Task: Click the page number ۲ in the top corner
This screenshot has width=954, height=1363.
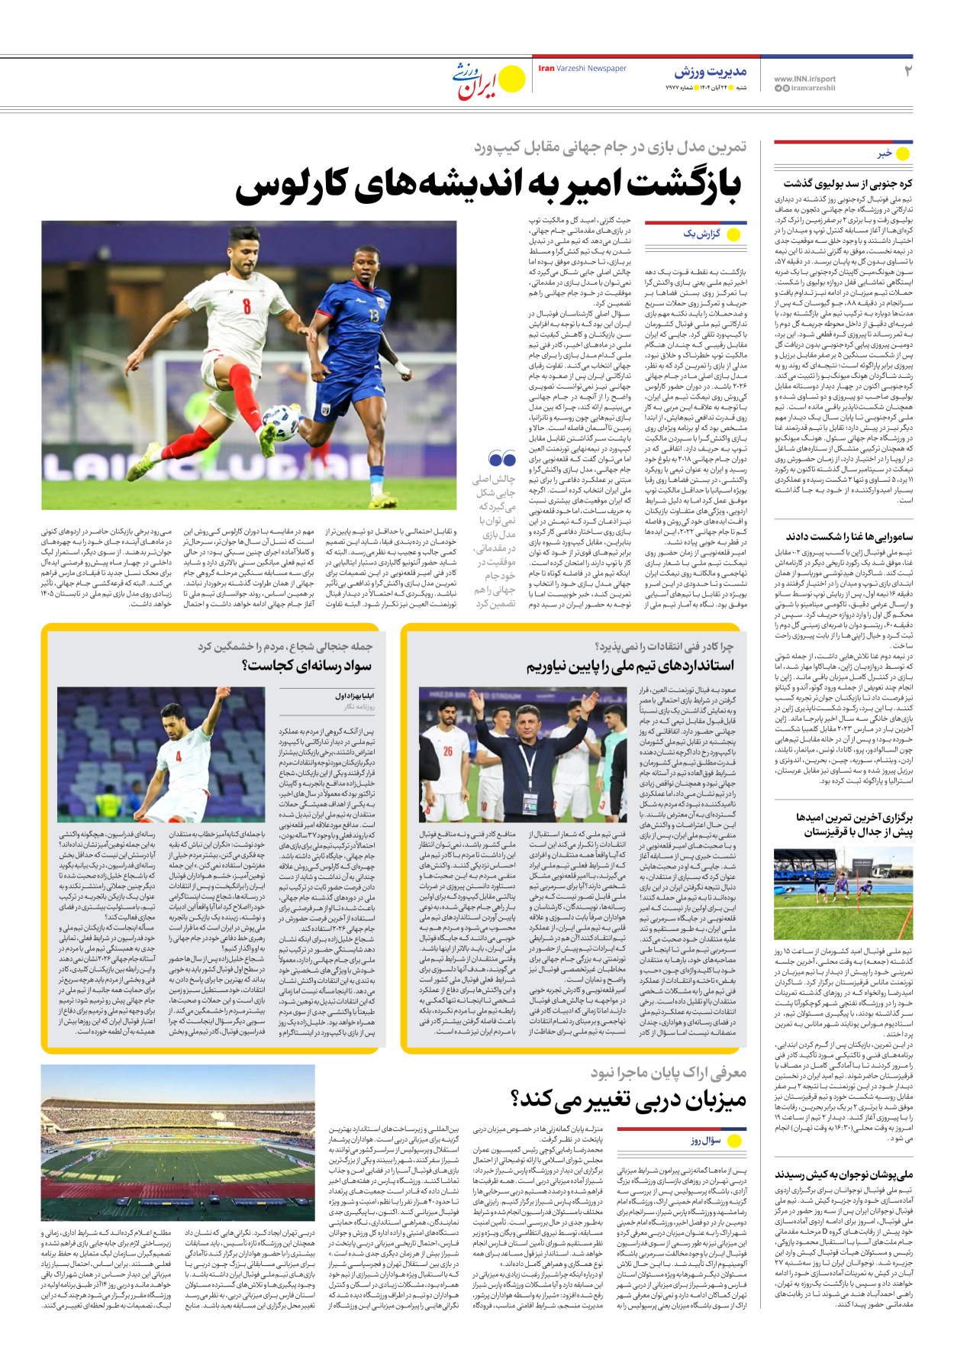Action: pos(907,71)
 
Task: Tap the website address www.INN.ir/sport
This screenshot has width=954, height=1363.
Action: pos(804,79)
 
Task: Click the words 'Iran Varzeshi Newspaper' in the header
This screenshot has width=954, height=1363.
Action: pos(582,69)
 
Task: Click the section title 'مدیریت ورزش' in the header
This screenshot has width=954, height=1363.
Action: pos(710,72)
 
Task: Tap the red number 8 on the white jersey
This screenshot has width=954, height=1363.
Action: pos(247,306)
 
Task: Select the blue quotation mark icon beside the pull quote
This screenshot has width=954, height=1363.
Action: pos(502,459)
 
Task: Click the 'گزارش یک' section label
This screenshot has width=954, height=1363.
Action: pos(701,234)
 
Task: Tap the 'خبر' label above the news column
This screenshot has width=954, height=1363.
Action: pos(885,153)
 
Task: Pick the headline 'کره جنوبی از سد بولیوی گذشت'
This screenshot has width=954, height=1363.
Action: pos(847,183)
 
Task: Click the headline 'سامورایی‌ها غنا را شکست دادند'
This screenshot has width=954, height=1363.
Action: pos(849,537)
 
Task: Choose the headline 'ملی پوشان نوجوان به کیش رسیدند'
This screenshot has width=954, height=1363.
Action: pos(843,1174)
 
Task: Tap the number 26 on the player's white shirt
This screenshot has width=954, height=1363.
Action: pos(448,751)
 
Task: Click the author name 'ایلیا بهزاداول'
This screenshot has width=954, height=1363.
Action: pos(355,696)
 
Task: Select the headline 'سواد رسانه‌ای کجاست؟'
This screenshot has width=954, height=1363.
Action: pos(307,666)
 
